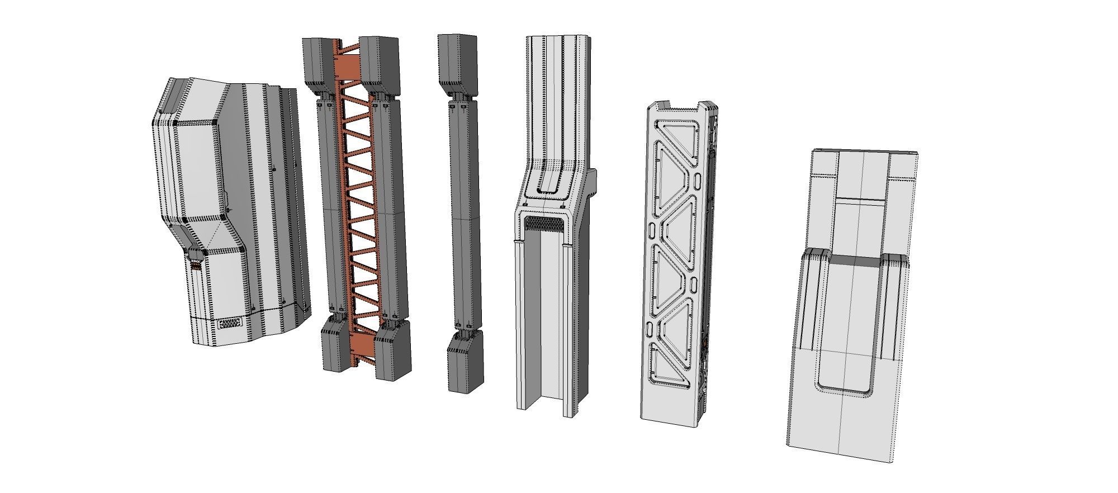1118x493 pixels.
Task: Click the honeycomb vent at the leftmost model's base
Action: (230, 324)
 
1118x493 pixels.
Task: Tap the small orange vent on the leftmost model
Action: (195, 267)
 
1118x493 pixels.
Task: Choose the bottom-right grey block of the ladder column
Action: (391, 352)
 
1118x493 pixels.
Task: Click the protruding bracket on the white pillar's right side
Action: (592, 179)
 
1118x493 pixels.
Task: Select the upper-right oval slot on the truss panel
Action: (699, 182)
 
